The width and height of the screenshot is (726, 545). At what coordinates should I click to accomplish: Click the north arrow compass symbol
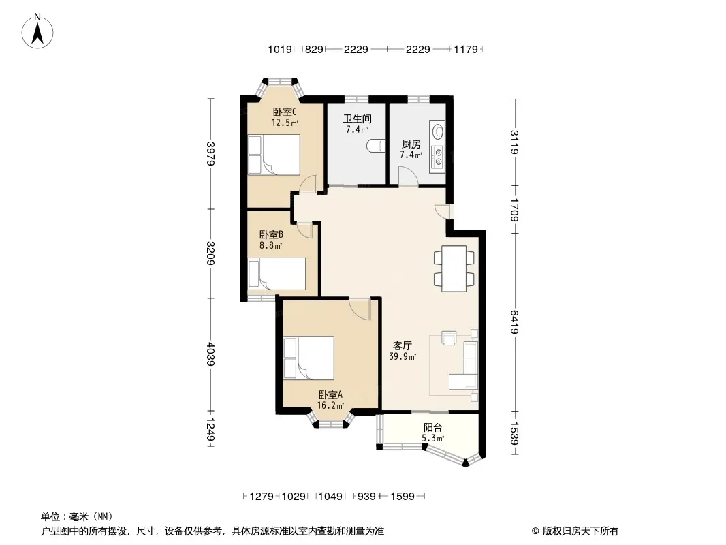(37, 31)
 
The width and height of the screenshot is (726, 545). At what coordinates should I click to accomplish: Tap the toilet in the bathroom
(376, 146)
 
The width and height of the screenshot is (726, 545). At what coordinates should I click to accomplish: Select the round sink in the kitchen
(437, 131)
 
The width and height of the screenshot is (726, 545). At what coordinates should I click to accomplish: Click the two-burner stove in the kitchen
(437, 157)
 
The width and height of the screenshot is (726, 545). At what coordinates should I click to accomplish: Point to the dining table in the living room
(454, 268)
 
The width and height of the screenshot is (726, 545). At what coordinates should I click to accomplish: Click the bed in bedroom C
(274, 155)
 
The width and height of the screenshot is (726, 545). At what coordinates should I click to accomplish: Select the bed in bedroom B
(277, 274)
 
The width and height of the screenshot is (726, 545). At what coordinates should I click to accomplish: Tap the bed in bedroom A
(309, 358)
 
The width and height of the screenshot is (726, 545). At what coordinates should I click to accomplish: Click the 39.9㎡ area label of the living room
(403, 356)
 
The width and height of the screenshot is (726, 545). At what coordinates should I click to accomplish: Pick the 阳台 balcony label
(432, 427)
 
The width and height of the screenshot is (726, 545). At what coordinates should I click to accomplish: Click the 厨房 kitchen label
(411, 144)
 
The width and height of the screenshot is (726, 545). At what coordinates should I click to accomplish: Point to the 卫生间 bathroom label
(358, 119)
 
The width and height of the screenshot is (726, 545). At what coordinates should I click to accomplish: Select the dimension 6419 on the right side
(515, 322)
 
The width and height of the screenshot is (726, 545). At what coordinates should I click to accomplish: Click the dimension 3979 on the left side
(210, 153)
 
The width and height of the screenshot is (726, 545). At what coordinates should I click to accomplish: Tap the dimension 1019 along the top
(280, 49)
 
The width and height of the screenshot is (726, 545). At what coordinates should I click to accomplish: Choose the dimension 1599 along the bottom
(403, 497)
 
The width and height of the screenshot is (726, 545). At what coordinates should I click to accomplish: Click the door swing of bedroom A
(360, 309)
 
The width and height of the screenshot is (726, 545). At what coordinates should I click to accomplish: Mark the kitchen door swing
(409, 176)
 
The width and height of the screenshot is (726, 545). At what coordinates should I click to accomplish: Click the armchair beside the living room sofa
(449, 338)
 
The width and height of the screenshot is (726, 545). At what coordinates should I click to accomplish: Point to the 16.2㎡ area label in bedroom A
(330, 405)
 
